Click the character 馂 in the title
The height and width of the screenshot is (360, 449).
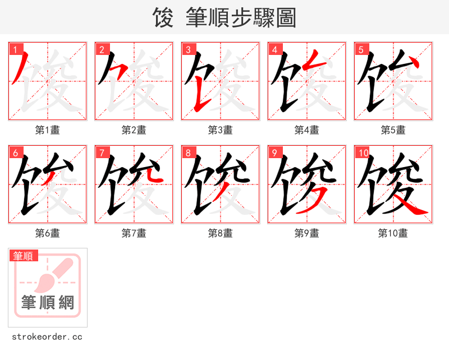click(x=163, y=18)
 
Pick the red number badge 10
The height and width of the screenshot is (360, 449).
click(x=363, y=153)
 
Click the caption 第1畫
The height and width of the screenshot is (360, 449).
click(x=47, y=130)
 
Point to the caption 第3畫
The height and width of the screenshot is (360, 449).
click(x=220, y=130)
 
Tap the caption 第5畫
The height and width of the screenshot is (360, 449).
click(x=393, y=130)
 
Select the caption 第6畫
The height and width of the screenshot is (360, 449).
click(x=47, y=233)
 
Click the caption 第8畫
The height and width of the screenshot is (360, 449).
click(x=220, y=233)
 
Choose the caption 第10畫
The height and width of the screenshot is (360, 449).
click(x=393, y=233)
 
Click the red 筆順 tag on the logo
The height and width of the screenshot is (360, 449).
click(x=24, y=256)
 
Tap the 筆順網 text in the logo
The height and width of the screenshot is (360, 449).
click(x=48, y=303)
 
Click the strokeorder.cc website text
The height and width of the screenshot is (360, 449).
click(x=47, y=337)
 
